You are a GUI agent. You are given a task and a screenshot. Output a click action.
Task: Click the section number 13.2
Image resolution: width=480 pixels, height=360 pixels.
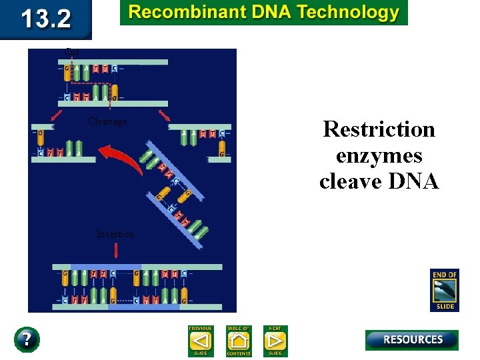tap(45, 19)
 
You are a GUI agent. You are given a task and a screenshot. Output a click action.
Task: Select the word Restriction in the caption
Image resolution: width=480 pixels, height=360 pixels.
tap(379, 129)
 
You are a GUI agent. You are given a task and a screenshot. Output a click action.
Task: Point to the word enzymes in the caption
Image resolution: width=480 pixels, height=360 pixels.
tap(379, 155)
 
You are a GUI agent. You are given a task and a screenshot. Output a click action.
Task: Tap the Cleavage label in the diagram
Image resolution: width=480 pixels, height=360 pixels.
tap(107, 121)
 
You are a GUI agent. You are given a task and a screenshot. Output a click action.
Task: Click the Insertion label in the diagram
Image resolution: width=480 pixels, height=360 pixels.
tap(115, 234)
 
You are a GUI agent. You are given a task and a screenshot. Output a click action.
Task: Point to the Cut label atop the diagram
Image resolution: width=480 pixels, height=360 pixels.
tap(71, 51)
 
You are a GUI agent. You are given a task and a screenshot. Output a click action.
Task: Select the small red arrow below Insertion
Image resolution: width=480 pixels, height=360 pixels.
tap(117, 250)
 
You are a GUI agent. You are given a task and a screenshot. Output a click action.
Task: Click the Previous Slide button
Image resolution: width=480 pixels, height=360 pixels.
tap(200, 341)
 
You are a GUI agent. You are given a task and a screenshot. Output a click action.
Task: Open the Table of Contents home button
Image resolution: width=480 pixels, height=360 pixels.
tap(238, 341)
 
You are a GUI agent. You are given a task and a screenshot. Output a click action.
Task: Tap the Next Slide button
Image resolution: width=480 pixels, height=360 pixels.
tap(275, 341)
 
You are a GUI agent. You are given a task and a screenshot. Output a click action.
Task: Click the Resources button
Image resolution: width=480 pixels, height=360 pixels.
tap(411, 339)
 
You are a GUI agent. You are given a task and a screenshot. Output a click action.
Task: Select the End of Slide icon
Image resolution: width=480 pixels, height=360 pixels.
tap(444, 290)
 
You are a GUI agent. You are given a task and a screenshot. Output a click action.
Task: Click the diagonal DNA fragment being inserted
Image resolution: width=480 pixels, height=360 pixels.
tap(175, 193)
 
